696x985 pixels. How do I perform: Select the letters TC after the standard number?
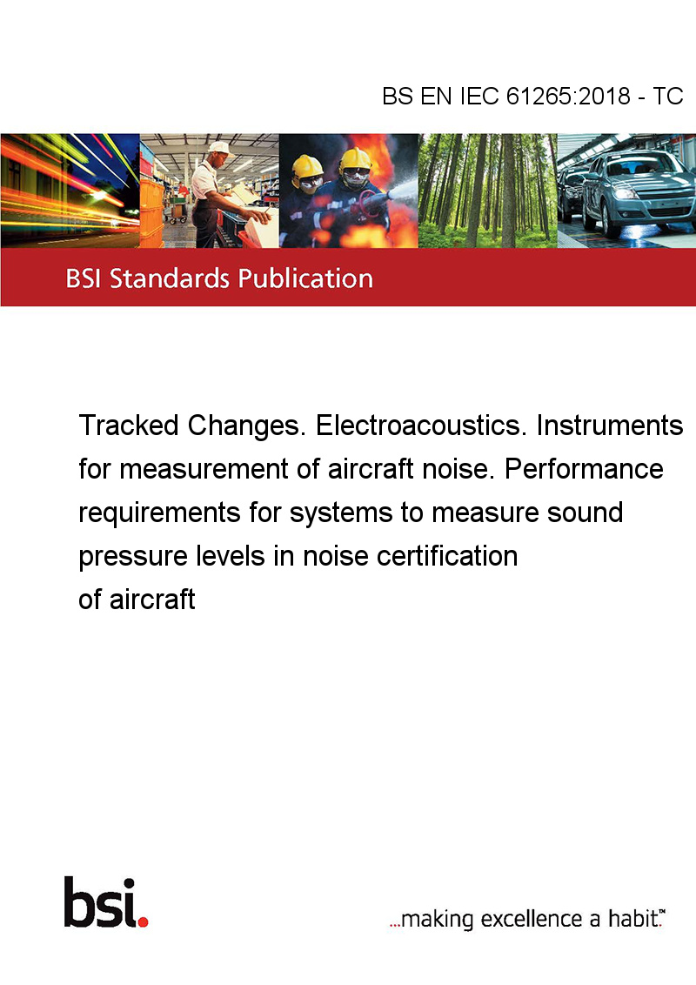(668, 96)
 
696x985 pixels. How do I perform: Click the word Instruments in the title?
(609, 425)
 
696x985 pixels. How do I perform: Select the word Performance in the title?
(584, 469)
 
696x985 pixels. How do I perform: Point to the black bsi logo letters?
(100, 902)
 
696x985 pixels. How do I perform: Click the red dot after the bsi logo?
(144, 921)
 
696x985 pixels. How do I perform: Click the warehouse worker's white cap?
(219, 148)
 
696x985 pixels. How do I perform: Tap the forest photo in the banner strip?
(487, 191)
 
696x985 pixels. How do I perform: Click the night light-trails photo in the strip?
(70, 191)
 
